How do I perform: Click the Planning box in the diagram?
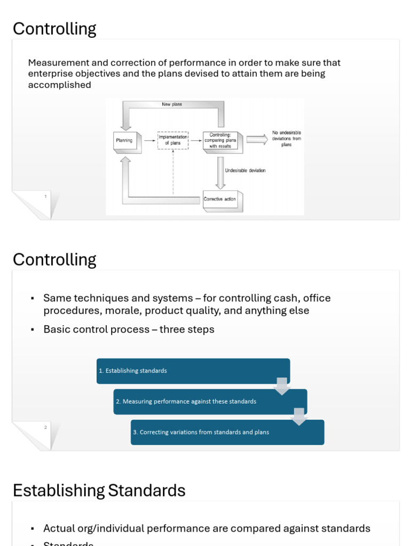coord(124,141)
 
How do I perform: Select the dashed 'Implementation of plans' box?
coord(172,140)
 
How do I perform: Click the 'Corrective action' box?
coord(220,199)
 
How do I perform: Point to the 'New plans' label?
coord(172,105)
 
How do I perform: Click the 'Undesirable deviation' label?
coord(245,171)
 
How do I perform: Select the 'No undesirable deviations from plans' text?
coord(287,139)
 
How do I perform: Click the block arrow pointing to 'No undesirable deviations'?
coord(257,139)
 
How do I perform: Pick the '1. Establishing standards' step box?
coord(193,371)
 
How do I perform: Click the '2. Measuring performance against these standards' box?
coord(210,402)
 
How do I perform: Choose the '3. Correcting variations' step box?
coord(227,432)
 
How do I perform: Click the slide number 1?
coord(45,197)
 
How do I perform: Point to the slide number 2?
coord(45,427)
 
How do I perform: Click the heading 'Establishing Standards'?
coord(99,490)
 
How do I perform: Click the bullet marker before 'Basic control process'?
coord(33,330)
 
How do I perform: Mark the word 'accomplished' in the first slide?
coord(59,85)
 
